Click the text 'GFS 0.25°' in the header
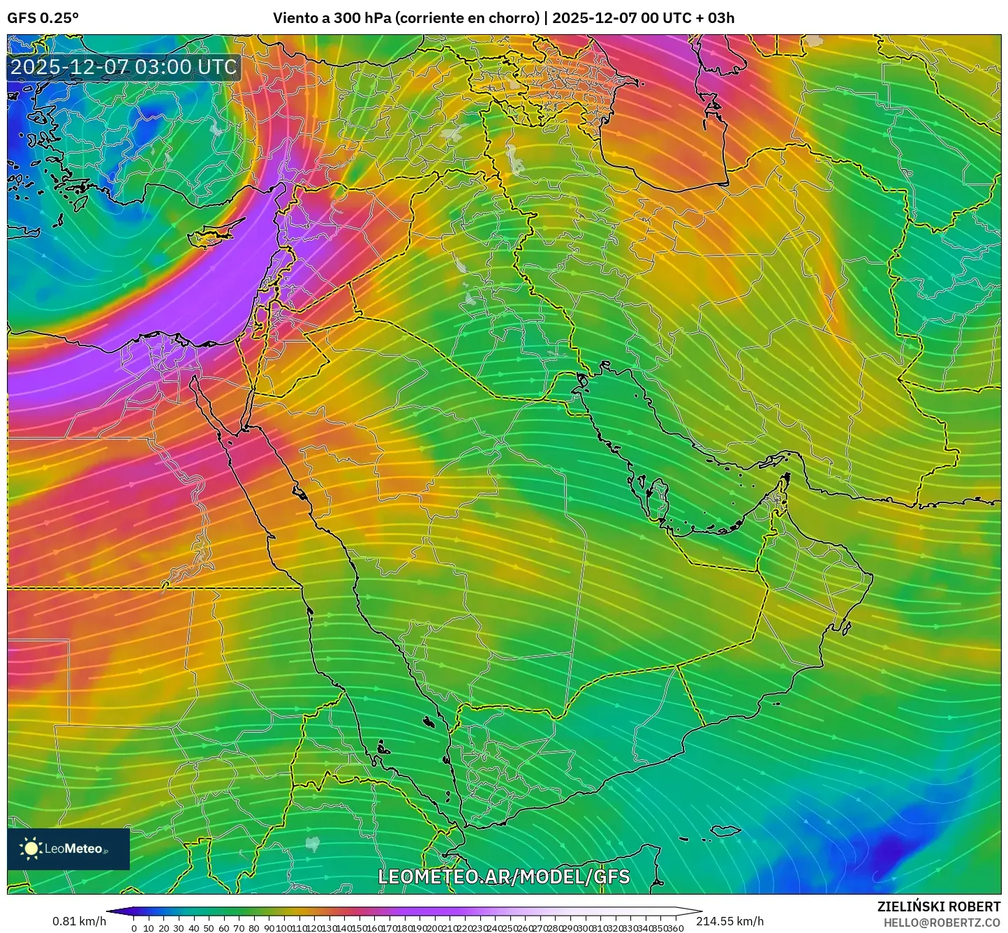point(43,18)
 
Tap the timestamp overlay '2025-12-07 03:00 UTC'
point(124,67)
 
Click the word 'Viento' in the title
point(294,18)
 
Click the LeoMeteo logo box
point(68,849)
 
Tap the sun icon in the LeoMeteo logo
point(31,849)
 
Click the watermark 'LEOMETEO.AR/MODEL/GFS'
point(503,876)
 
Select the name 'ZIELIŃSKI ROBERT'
point(938,906)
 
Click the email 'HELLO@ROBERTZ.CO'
point(942,923)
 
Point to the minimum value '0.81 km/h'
point(79,921)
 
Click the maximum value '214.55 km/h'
point(729,921)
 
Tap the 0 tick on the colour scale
point(134,928)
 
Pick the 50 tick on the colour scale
point(208,928)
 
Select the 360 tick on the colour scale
point(676,928)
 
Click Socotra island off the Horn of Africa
point(726,830)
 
